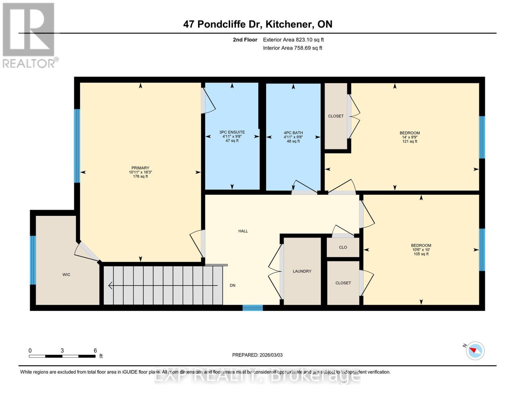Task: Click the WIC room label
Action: [x=66, y=275]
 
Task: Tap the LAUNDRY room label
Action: [x=302, y=271]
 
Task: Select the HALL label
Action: [x=243, y=231]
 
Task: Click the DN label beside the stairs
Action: [x=232, y=286]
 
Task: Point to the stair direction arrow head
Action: [x=110, y=286]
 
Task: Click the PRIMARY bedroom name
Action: [x=140, y=168]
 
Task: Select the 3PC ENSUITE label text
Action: [x=232, y=132]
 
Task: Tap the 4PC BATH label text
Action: [x=293, y=133]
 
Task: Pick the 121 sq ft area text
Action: [x=410, y=141]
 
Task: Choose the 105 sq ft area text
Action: [x=421, y=254]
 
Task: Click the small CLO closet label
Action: [x=343, y=247]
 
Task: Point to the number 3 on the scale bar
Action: [x=62, y=351]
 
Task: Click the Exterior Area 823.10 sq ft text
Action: [x=293, y=39]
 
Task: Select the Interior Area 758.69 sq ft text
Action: [x=293, y=48]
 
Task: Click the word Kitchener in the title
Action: [x=289, y=24]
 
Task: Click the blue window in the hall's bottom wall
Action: [x=253, y=308]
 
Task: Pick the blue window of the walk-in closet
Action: [x=33, y=260]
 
